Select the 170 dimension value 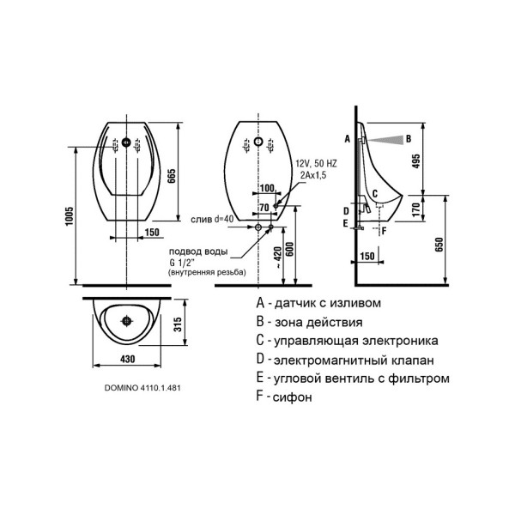click(x=415, y=208)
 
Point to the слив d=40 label click(x=212, y=220)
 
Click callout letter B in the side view click(x=408, y=138)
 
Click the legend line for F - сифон click(x=284, y=397)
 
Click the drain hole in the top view click(x=127, y=321)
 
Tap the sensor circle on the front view click(x=127, y=142)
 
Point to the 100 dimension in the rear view click(x=268, y=187)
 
